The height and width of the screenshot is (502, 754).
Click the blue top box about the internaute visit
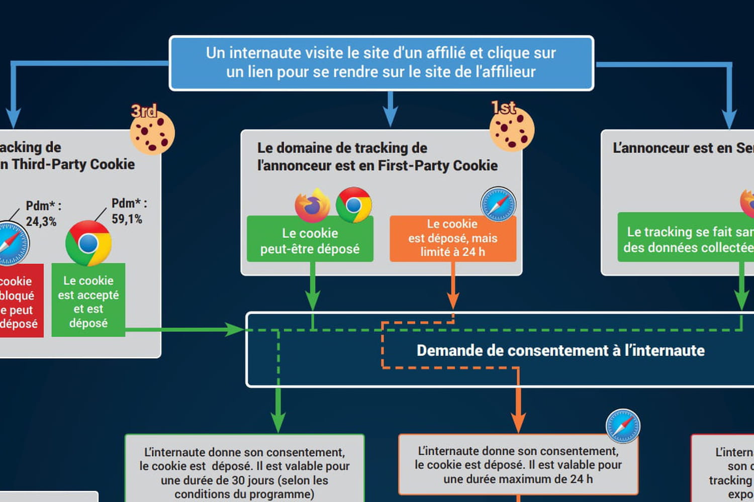pos(381,63)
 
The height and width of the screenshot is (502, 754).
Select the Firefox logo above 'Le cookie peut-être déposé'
pos(312,205)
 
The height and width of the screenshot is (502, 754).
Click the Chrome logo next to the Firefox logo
pos(354,205)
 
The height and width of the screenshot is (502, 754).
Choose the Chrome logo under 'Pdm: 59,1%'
pos(88,243)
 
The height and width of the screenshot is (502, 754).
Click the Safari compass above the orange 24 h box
pos(498,205)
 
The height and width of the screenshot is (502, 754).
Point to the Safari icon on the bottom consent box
pos(623,426)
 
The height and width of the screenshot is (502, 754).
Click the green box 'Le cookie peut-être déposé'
pos(310,241)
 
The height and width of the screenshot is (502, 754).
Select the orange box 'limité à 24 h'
pos(452,238)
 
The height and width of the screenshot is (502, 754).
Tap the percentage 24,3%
pos(41,222)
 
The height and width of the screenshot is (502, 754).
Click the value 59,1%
pos(127,219)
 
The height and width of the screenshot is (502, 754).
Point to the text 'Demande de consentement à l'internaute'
pos(560,350)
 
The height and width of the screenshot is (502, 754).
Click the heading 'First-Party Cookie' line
pos(377,165)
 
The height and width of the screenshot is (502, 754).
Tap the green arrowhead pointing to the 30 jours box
pos(278,422)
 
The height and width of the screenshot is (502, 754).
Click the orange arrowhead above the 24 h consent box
pos(518,422)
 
